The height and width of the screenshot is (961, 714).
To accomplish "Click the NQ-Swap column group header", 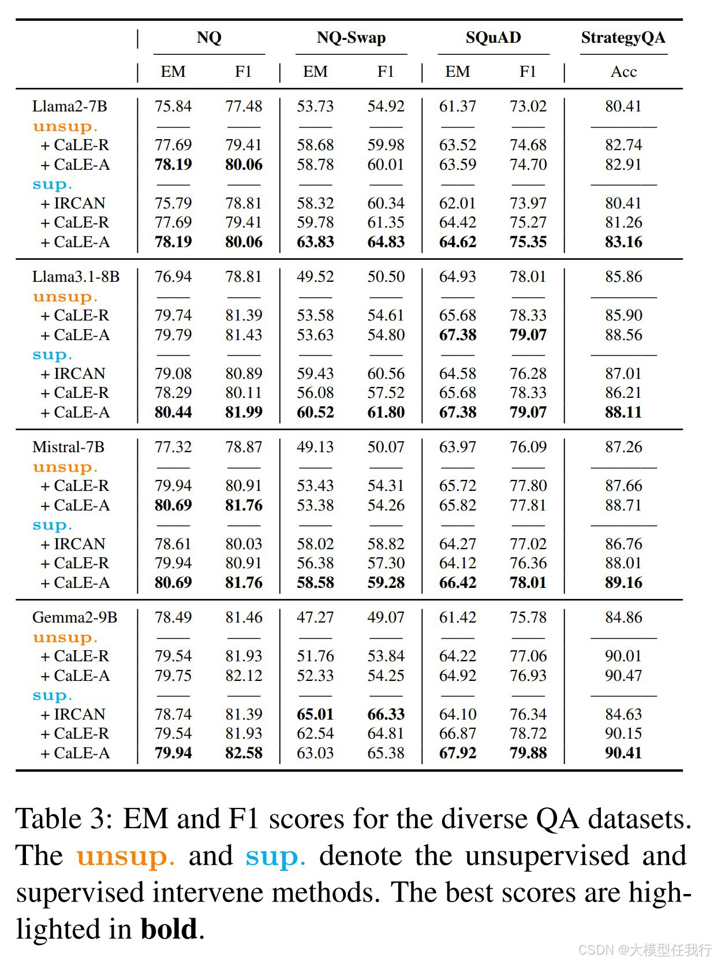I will point(351,38).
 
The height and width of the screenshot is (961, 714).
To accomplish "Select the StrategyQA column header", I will point(623,38).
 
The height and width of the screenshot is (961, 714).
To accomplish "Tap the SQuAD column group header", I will point(493,38).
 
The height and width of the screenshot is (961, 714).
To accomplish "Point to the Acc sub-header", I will point(623,72).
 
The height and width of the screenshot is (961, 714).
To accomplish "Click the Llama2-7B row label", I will point(70,106).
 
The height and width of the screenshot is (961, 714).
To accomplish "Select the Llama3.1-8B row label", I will point(76,277).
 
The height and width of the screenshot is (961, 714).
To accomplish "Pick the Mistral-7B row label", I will point(68,447).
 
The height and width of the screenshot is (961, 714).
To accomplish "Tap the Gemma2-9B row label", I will point(74,617).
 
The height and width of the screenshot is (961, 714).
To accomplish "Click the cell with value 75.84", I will point(173,106).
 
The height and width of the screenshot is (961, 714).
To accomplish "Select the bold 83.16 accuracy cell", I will point(623,242).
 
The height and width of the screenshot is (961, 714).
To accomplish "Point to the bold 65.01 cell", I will point(315,714).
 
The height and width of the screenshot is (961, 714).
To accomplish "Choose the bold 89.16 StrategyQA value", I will point(623,583).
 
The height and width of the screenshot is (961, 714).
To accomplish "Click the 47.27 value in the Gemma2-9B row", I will point(315,617).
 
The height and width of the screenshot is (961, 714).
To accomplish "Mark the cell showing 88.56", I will point(623,335).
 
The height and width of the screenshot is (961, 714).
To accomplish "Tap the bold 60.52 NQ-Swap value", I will point(315,412).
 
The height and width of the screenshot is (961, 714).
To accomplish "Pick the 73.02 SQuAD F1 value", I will point(528,106).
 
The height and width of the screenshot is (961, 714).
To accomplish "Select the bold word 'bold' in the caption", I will point(169,929).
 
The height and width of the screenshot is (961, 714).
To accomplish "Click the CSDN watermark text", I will point(645,949).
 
